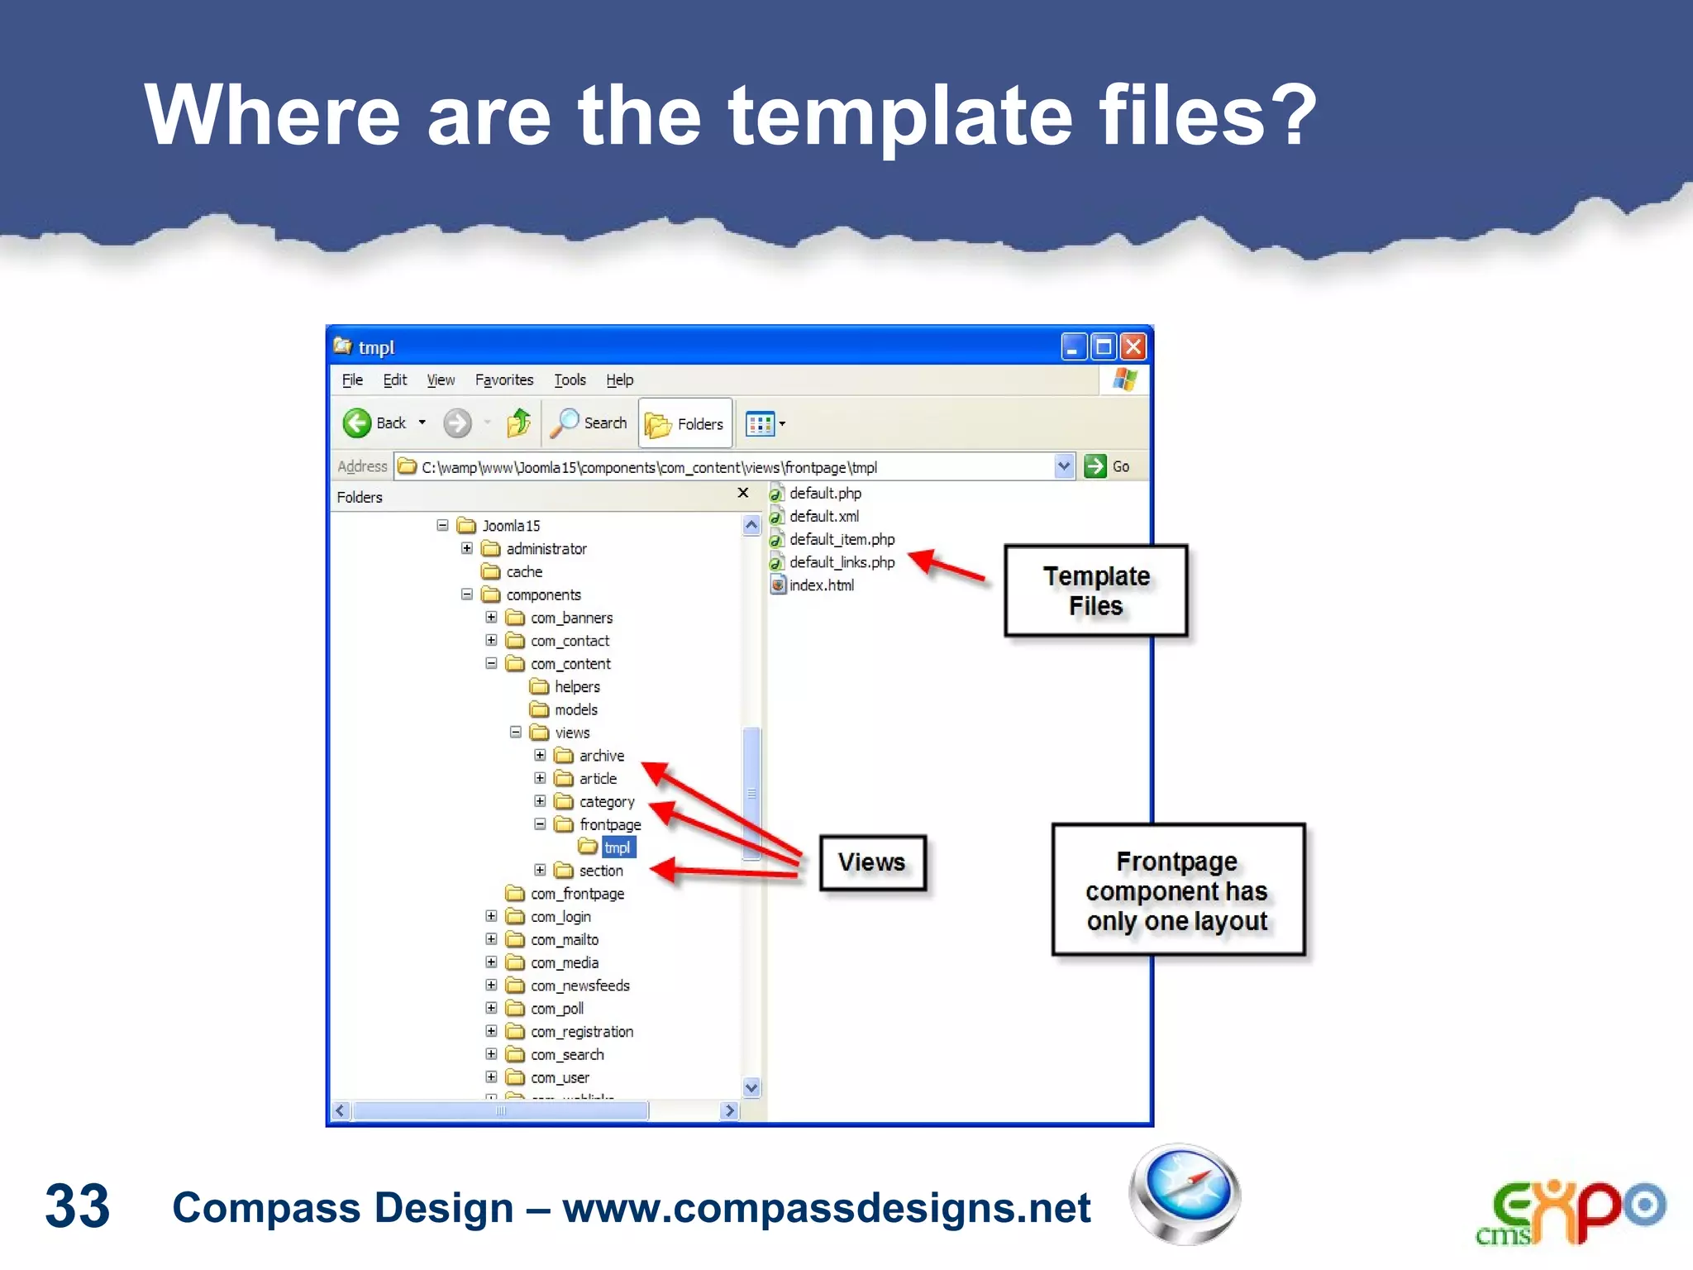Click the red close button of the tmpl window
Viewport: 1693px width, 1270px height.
tap(1133, 346)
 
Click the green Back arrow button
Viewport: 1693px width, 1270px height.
tap(357, 423)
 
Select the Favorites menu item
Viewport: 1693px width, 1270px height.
tap(503, 380)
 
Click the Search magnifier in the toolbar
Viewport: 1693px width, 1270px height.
tap(566, 423)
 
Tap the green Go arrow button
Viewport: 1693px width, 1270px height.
tap(1095, 466)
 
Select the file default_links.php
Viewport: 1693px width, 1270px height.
tap(841, 562)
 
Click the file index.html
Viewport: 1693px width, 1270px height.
tap(821, 585)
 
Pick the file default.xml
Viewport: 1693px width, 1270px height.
tap(823, 516)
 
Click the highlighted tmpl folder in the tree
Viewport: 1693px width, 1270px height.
tap(617, 847)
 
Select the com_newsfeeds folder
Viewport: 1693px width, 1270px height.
tap(579, 986)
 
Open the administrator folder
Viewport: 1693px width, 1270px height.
tap(546, 549)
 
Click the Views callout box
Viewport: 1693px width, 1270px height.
tap(872, 862)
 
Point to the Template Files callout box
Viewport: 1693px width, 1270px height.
tap(1095, 590)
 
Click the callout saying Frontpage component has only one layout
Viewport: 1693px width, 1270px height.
tap(1177, 890)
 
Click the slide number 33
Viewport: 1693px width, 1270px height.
tap(77, 1206)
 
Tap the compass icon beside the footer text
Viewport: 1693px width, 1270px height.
tap(1185, 1193)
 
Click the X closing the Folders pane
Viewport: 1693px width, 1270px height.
tap(742, 493)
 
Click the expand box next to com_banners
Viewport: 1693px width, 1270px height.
tap(491, 618)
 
